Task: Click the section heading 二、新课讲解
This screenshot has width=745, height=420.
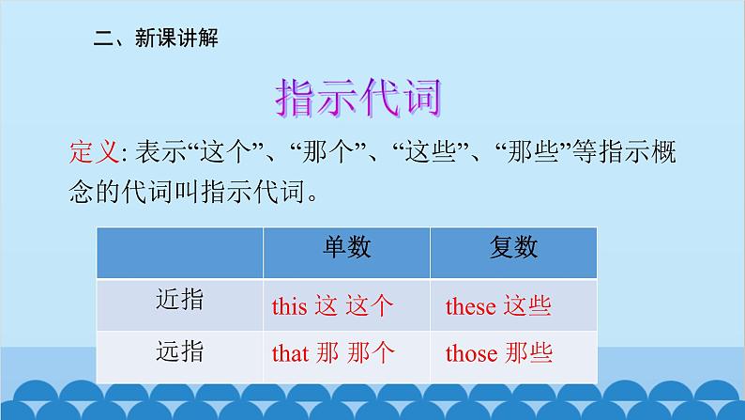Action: pos(156,38)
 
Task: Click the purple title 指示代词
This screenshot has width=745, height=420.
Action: pos(358,98)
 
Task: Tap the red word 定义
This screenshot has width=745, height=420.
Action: pos(94,152)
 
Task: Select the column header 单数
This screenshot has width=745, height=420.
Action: pos(347,247)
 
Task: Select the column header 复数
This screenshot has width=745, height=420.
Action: pos(513,247)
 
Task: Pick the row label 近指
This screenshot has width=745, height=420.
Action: pos(179,300)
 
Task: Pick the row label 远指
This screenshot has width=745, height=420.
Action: pos(179,351)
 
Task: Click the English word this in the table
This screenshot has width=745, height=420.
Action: pos(289,306)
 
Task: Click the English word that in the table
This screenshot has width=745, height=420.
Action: pos(290,353)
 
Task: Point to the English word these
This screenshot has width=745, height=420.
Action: pos(471,306)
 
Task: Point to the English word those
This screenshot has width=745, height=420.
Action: pos(472,353)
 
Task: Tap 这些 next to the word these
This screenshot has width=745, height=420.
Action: pos(527,306)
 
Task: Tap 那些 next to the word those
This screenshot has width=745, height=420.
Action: pos(529,353)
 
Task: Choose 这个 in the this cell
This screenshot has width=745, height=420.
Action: pos(370,306)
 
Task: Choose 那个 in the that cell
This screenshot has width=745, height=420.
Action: pos(371,353)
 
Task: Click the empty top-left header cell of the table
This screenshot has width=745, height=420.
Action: pos(179,253)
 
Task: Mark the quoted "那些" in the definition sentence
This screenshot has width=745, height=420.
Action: pos(532,152)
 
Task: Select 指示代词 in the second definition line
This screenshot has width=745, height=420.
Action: pos(252,193)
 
